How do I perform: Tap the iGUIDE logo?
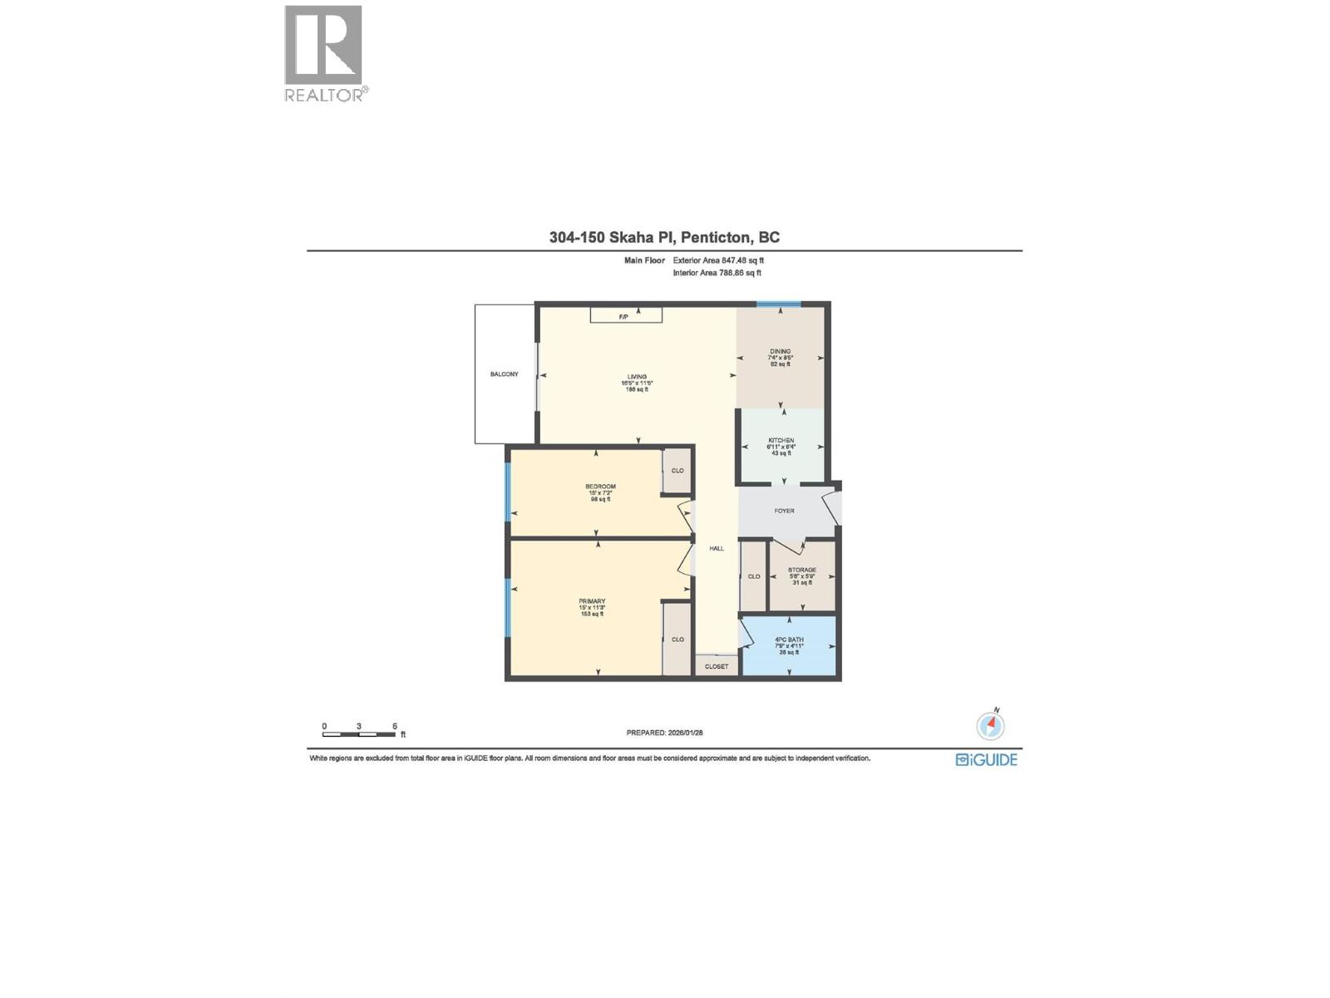(987, 759)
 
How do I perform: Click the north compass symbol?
(990, 725)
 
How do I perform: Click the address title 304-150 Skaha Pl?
(664, 237)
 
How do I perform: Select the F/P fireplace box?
(626, 315)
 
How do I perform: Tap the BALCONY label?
(504, 374)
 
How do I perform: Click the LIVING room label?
(638, 377)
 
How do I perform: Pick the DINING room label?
(780, 352)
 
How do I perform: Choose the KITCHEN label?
(781, 441)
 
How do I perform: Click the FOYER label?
(784, 511)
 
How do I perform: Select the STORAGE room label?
(802, 570)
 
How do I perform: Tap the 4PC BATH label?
(789, 640)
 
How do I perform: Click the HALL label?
(717, 548)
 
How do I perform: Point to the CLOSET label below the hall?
(717, 666)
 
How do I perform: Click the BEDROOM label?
(600, 487)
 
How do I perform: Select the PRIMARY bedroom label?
(592, 601)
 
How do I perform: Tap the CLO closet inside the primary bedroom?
(677, 639)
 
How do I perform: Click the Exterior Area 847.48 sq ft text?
(718, 260)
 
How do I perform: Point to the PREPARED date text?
(664, 733)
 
